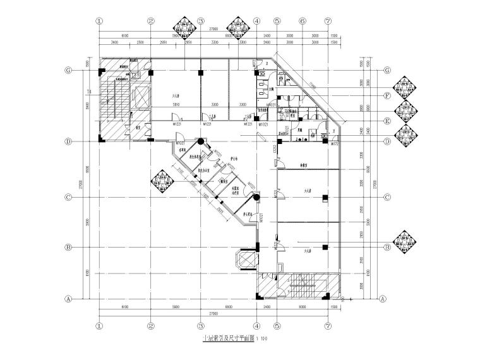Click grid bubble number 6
click(303, 21)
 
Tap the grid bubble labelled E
click(386, 120)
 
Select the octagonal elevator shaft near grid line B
click(243, 260)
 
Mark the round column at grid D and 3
click(200, 142)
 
